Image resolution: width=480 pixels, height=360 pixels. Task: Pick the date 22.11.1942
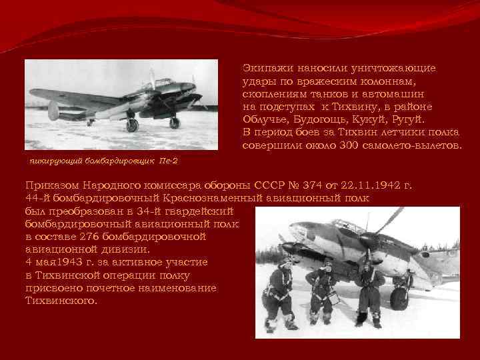click(x=364, y=185)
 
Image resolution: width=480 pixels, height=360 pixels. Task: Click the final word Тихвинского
click(x=60, y=301)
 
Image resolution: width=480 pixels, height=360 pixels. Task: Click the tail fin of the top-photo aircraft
click(x=53, y=109)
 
